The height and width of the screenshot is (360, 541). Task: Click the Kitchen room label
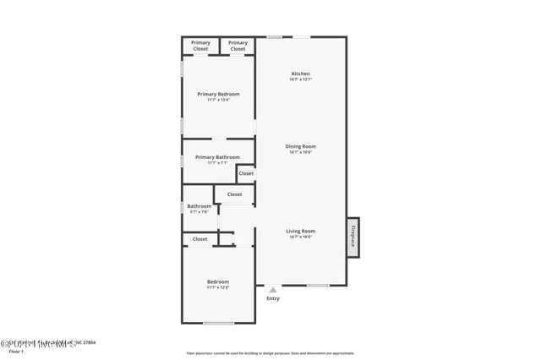tap(301, 74)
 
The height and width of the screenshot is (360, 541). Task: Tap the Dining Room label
tap(301, 146)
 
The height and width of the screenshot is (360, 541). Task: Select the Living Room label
tap(300, 231)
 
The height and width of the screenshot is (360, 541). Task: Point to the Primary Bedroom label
tap(218, 94)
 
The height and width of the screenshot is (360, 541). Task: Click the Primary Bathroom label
tap(217, 157)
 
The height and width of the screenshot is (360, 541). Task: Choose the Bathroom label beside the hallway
tap(199, 206)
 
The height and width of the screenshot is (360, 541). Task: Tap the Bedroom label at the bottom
tap(218, 281)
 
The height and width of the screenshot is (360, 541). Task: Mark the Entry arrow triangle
tap(273, 290)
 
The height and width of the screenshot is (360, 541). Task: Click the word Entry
tap(273, 298)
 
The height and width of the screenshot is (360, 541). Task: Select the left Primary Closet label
tap(200, 46)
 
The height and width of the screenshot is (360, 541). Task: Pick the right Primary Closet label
tap(238, 46)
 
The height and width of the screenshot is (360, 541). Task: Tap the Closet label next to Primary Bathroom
tap(246, 173)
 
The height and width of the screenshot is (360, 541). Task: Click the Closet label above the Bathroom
tap(234, 194)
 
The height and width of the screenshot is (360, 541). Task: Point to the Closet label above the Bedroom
tap(199, 239)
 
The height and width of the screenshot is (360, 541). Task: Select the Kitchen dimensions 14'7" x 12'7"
tap(301, 79)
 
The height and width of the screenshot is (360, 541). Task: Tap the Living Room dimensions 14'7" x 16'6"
tap(300, 237)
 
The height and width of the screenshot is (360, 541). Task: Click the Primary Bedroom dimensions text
tap(218, 100)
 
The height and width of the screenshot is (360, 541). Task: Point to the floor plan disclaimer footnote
tap(270, 353)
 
